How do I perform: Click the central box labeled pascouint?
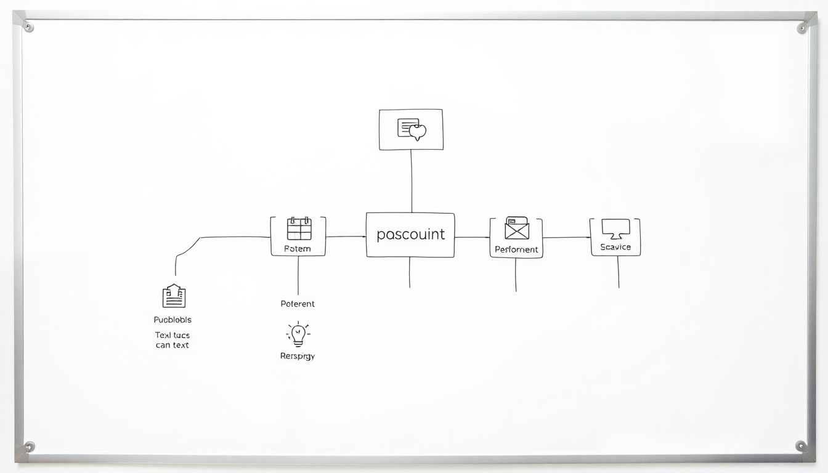click(410, 235)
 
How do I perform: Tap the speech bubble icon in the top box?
click(412, 129)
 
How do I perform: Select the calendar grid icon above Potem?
click(299, 228)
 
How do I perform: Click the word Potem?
click(298, 249)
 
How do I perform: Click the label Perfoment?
click(516, 249)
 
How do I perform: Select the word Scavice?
click(615, 247)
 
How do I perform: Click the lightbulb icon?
click(298, 334)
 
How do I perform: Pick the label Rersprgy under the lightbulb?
click(298, 356)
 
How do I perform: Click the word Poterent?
click(298, 304)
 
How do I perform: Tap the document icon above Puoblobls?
click(174, 296)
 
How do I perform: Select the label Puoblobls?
click(172, 320)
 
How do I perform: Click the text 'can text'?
click(172, 345)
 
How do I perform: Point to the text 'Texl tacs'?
click(172, 335)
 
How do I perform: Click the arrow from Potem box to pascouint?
click(346, 236)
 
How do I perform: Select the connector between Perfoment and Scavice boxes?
click(566, 237)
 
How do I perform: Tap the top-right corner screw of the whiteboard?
click(802, 27)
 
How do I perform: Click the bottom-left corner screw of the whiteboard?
click(28, 446)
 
